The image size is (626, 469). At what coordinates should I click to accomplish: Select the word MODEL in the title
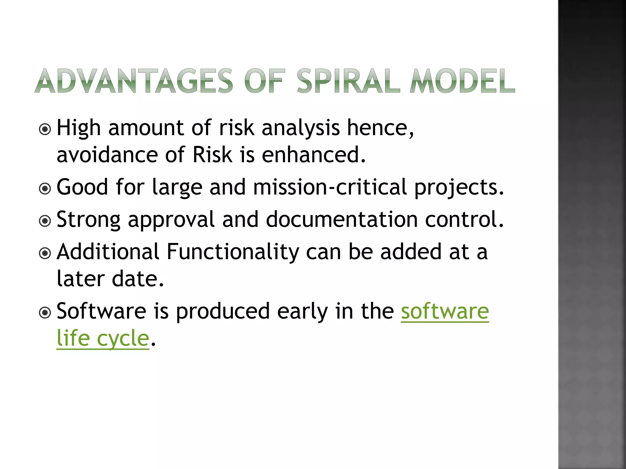pos(462,81)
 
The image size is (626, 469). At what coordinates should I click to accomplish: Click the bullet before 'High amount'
pos(45,129)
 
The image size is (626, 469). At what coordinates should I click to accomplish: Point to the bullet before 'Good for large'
pos(45,189)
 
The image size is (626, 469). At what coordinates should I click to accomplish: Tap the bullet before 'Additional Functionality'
pos(45,253)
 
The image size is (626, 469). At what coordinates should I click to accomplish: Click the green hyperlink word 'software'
pos(445,311)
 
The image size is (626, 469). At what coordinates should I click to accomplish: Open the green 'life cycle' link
pos(103,339)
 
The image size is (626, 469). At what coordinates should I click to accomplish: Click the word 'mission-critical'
pos(330,187)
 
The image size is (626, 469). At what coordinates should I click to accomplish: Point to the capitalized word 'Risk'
pos(212,155)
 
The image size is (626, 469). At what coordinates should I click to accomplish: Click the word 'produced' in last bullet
pos(223,311)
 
